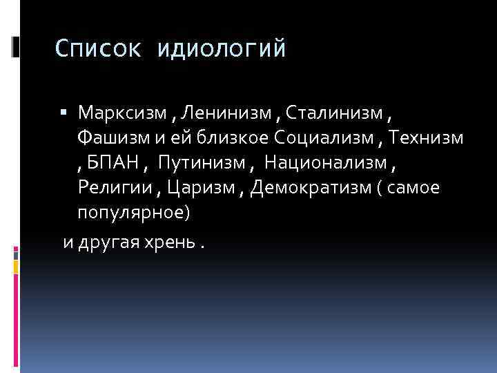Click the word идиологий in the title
(221, 50)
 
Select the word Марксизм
(121, 113)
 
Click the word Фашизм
(117, 138)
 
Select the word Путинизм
(198, 164)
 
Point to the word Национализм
(329, 164)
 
